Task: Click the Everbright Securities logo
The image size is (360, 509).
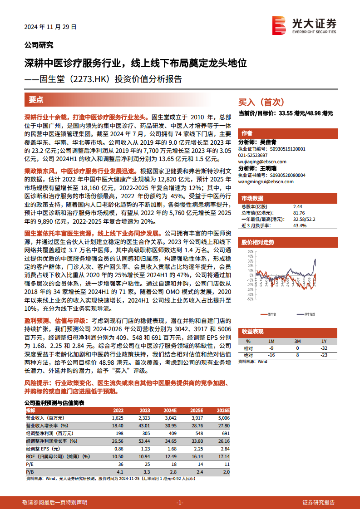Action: (x=304, y=24)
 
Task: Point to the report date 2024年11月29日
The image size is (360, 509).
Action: (x=50, y=27)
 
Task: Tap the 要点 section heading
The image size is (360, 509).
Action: (x=36, y=100)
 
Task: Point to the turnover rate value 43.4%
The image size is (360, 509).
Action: (x=300, y=225)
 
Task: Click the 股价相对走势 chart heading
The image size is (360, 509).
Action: (x=258, y=242)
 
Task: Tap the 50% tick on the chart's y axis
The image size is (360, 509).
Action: (x=250, y=251)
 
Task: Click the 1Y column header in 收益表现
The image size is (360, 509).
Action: (x=323, y=341)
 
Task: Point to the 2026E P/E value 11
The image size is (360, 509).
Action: (x=227, y=464)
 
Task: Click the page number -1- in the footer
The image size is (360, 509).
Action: (x=179, y=503)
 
